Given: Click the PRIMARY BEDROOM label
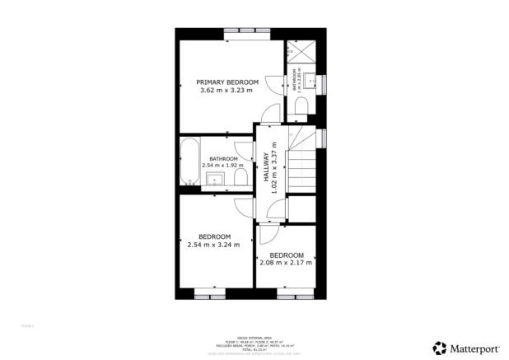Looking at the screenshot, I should pyautogui.click(x=226, y=82).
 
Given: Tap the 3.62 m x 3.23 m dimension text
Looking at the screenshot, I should pyautogui.click(x=226, y=91).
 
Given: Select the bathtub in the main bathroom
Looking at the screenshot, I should pyautogui.click(x=187, y=163).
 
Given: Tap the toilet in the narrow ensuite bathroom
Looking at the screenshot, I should pyautogui.click(x=301, y=105).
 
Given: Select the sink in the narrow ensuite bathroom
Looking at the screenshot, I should pyautogui.click(x=310, y=81).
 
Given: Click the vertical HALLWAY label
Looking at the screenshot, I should pyautogui.click(x=266, y=167).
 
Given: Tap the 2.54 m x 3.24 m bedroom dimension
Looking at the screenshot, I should pyautogui.click(x=213, y=244).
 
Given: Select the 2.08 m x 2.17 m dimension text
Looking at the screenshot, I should pyautogui.click(x=286, y=263).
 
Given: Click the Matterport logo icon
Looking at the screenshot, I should pyautogui.click(x=441, y=348).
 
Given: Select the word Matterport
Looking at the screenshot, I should pyautogui.click(x=475, y=348).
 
